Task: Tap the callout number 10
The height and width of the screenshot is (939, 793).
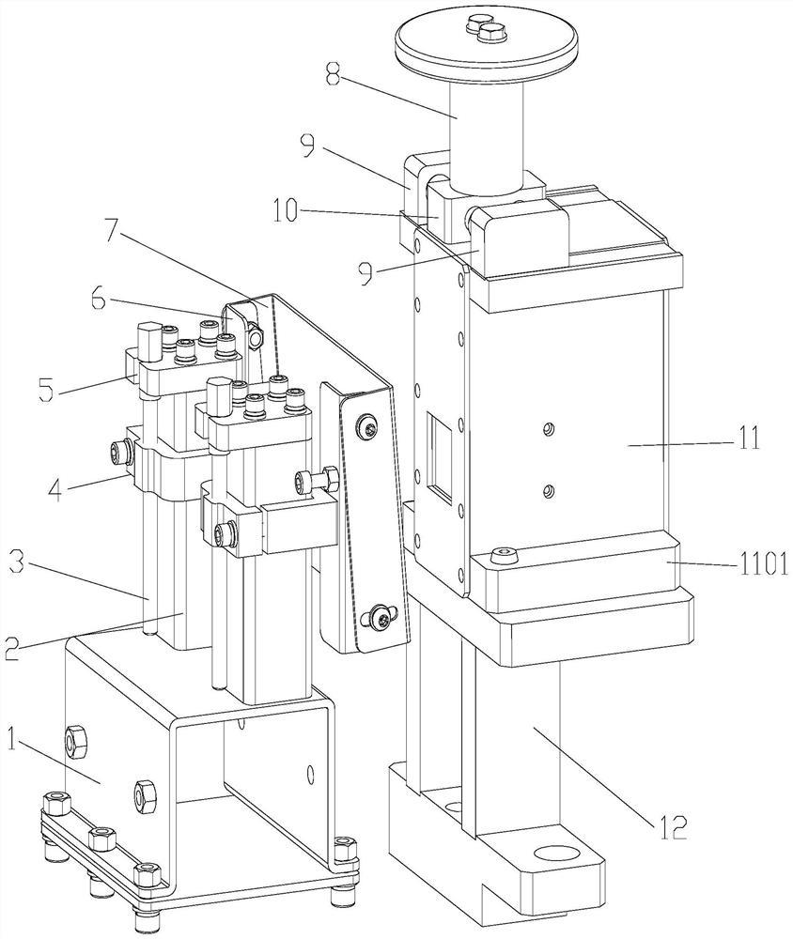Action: (285, 210)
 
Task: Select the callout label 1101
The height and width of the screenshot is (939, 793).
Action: (761, 563)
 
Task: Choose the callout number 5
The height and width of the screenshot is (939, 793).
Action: (46, 390)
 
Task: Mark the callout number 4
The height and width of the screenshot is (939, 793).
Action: (55, 489)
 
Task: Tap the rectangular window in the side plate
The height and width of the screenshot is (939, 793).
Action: (441, 457)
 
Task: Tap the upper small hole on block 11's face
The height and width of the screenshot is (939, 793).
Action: (546, 429)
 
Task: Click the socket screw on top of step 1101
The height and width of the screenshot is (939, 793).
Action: (502, 556)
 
